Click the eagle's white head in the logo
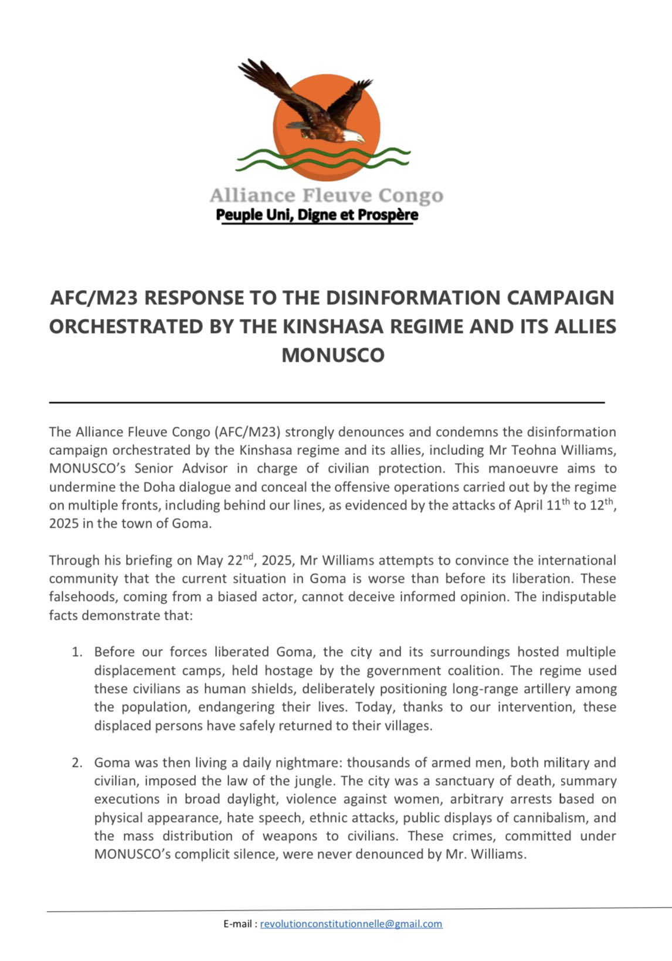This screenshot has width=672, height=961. pyautogui.click(x=354, y=137)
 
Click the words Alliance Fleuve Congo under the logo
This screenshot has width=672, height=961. pyautogui.click(x=326, y=195)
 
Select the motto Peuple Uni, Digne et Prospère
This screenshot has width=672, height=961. pyautogui.click(x=317, y=215)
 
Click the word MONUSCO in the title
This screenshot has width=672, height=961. pyautogui.click(x=332, y=355)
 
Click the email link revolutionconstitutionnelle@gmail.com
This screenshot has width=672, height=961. pyautogui.click(x=351, y=924)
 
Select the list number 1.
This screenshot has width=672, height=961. pyautogui.click(x=77, y=652)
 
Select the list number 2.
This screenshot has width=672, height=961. pyautogui.click(x=77, y=763)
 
